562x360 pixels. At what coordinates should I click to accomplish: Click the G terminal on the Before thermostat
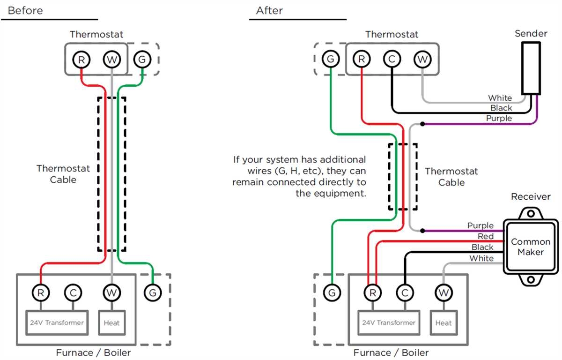coord(142,60)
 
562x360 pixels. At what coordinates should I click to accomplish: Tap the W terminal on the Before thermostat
coord(112,60)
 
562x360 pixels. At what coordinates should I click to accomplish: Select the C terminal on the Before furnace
coord(73,293)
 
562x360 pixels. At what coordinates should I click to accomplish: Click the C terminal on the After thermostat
coord(392,60)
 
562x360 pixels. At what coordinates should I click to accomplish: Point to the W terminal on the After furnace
coord(443,293)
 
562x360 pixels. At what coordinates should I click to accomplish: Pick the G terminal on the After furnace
coord(332,293)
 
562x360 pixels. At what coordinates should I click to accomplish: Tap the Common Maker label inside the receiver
coord(531,247)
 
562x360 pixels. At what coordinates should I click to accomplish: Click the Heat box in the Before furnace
coord(111,322)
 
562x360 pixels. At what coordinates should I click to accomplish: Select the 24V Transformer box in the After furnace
coord(389,322)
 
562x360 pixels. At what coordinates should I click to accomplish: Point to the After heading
coord(269,10)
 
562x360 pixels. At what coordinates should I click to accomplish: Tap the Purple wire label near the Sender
coord(499,119)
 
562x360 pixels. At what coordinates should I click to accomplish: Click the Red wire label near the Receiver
coord(486,237)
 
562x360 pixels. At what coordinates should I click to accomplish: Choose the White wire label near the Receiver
coord(481,258)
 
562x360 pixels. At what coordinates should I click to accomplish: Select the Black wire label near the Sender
coord(501,108)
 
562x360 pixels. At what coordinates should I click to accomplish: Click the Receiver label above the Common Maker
coord(531,196)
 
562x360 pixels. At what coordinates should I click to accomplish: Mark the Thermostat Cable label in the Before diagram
coord(63,174)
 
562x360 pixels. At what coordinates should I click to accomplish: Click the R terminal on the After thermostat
coord(362,60)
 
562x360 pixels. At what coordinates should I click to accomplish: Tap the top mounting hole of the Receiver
coord(531,213)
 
